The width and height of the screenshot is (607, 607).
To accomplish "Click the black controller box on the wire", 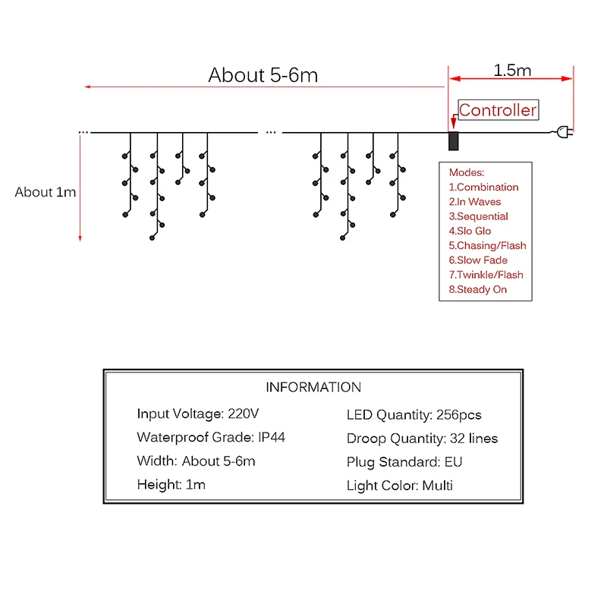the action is [x=453, y=141].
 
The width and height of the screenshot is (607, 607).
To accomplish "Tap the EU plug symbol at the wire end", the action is [x=565, y=132].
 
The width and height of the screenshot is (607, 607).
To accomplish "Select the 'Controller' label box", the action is [x=498, y=110].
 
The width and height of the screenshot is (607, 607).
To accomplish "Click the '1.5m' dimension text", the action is [x=512, y=71].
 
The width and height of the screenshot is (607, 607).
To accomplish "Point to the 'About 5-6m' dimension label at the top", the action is [x=263, y=75].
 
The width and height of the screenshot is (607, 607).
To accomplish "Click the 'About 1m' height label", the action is [x=46, y=192].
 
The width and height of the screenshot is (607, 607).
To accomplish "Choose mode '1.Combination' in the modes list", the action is [x=483, y=187].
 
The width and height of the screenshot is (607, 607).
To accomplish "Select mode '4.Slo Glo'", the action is [x=470, y=231].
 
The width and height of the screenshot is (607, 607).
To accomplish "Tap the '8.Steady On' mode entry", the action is [x=478, y=290].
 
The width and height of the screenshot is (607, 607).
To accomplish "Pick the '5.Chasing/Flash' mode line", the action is [x=487, y=246].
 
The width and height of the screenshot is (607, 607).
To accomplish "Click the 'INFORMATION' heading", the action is [x=313, y=387].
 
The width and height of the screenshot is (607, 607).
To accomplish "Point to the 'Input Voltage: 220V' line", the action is [x=198, y=414].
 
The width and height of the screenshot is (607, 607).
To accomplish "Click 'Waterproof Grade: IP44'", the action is [x=211, y=438].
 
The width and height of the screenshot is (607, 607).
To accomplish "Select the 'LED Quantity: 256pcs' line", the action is [x=414, y=415].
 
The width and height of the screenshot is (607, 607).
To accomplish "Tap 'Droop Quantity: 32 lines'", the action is [x=422, y=439].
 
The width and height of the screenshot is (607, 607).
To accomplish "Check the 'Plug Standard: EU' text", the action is [x=404, y=462].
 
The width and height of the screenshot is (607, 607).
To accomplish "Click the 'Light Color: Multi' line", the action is [x=400, y=486].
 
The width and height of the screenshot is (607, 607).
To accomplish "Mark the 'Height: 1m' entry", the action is [x=171, y=485].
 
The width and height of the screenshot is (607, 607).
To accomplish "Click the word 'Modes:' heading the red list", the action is [x=467, y=173].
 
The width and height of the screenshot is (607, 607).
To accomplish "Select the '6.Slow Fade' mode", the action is [x=478, y=260].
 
